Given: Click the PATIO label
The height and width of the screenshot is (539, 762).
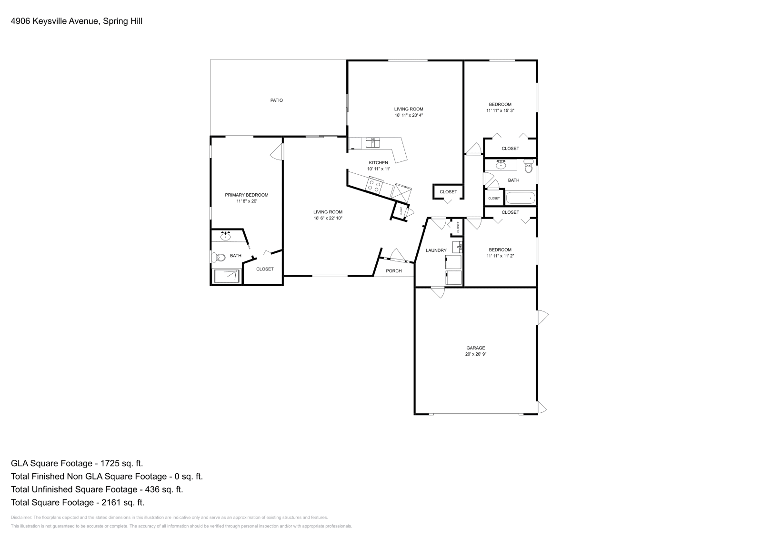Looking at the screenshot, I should point(276,100).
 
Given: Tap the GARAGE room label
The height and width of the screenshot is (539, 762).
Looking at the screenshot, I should point(475,348).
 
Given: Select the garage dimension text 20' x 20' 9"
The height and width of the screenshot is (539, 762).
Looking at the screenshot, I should point(475,354).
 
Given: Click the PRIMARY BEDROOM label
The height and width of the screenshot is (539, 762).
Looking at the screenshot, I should point(246,195).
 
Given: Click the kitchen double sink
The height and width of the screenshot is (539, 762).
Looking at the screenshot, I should point(373,142).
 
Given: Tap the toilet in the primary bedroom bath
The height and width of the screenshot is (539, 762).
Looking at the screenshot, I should point(219,258).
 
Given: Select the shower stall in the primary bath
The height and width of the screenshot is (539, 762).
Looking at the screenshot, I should point(227,276).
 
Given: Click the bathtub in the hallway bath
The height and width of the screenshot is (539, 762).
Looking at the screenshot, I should point(520,198).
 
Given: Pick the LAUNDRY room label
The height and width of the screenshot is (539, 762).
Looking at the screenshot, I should point(436,250).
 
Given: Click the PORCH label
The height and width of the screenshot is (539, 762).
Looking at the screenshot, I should point(393,271).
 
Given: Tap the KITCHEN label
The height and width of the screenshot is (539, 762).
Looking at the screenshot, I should point(378,163).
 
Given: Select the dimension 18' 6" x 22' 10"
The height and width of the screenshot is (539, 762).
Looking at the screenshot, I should point(328,219).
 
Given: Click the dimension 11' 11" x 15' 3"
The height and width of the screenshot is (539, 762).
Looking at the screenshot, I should point(500,110).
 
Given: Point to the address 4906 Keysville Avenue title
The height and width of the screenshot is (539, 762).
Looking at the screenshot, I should point(76,21).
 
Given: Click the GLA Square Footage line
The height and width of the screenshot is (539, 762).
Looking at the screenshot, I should point(77,463).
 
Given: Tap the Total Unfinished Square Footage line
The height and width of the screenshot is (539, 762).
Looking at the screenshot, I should point(97,489).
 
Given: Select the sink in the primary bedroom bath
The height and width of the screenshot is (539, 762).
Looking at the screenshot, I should point(225,237).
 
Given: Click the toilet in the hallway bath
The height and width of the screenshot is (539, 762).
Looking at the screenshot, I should point(528,168).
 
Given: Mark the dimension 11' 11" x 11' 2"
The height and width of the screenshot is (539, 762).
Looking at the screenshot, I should point(500,256).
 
